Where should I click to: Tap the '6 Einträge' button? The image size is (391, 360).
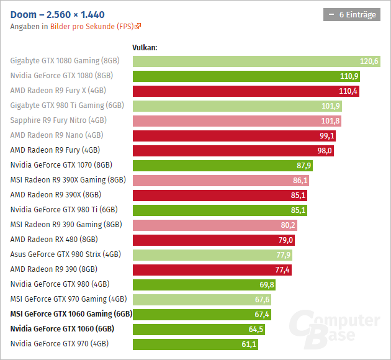(x=352, y=15)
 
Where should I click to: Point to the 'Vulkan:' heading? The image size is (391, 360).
(x=145, y=47)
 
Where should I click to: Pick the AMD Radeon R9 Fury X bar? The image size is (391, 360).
(x=246, y=91)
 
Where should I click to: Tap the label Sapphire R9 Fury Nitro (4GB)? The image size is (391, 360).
(x=58, y=120)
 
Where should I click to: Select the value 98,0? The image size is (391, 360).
(x=325, y=150)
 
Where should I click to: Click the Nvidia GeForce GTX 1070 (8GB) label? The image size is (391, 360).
(x=61, y=165)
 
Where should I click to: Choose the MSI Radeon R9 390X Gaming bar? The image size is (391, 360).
(x=221, y=180)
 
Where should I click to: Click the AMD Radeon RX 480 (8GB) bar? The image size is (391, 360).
(x=213, y=240)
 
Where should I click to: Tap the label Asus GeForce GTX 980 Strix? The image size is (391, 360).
(x=66, y=254)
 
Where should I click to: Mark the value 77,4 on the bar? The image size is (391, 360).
(x=282, y=269)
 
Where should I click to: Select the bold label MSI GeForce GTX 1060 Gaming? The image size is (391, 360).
(x=71, y=313)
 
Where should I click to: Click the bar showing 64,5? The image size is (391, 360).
(x=199, y=328)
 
